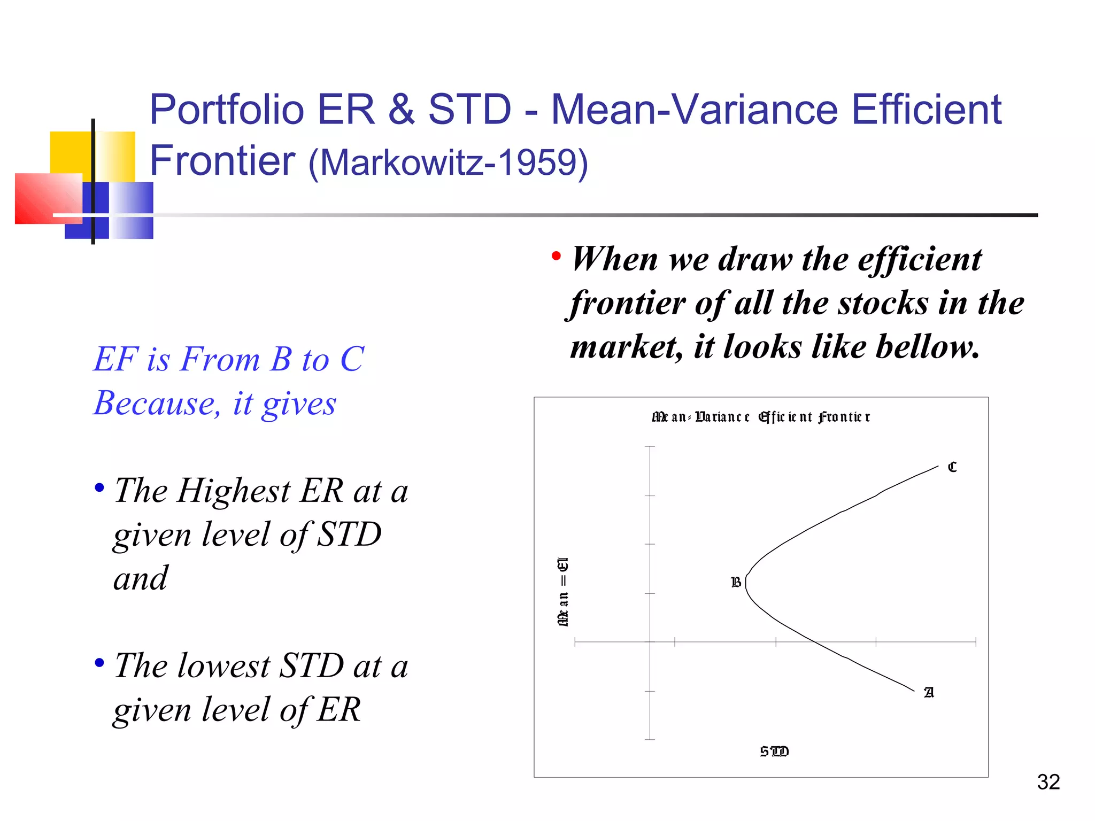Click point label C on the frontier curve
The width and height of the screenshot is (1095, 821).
point(952,467)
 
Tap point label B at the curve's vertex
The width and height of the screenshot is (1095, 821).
point(736,582)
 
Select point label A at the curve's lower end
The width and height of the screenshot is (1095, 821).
point(929,692)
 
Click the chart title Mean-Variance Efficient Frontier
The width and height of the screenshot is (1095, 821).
point(760,416)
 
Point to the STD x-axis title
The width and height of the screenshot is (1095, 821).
point(774,752)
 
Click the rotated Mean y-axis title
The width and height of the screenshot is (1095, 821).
point(563,591)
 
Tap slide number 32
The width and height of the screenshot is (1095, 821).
point(1048,782)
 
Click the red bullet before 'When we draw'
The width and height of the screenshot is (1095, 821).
point(556,257)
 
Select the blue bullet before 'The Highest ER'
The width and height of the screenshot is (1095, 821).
point(99,487)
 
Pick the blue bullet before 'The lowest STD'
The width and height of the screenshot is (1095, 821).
point(99,663)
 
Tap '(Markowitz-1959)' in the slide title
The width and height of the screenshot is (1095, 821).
point(448,162)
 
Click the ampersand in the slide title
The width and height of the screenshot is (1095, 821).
point(401,110)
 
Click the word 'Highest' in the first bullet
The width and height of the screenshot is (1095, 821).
point(234,490)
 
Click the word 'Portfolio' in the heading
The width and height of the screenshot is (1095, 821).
point(227,110)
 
